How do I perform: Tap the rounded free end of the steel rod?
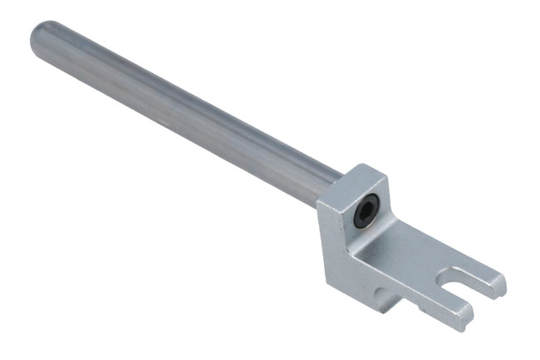pyautogui.click(x=39, y=37)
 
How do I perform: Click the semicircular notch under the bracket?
pyautogui.click(x=385, y=293)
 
